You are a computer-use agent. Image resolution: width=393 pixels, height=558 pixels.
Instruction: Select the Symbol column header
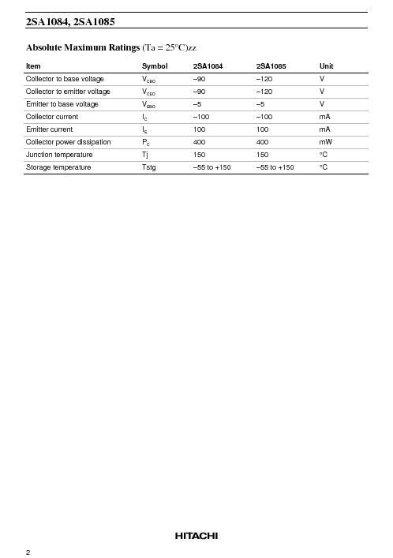click(155, 66)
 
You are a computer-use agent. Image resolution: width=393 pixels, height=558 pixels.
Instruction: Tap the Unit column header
click(327, 66)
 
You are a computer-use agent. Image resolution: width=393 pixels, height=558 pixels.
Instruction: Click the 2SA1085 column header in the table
click(273, 66)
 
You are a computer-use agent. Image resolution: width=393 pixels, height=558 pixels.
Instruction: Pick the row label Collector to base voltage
click(65, 79)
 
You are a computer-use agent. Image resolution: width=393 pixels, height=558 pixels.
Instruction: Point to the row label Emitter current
click(49, 129)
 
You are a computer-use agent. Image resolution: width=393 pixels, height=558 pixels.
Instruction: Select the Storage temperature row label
click(58, 167)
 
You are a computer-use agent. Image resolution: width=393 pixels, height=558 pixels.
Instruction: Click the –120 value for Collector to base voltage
click(265, 79)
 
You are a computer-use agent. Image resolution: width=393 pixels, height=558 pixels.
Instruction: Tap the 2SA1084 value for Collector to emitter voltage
click(200, 92)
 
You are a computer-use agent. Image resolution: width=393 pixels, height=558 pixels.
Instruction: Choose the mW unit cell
click(325, 142)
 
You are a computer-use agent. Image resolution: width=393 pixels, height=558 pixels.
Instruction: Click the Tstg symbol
click(149, 167)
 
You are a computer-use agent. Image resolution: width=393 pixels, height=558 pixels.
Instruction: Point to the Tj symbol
click(146, 155)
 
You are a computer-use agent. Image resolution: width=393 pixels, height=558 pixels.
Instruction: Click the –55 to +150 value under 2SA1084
click(211, 167)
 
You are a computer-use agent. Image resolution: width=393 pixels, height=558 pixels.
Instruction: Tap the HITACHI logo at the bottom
click(196, 536)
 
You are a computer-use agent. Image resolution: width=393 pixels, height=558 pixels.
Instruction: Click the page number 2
click(28, 552)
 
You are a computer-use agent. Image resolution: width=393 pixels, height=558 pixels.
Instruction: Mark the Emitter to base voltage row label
click(62, 104)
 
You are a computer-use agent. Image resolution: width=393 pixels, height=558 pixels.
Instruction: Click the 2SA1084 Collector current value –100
click(202, 117)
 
